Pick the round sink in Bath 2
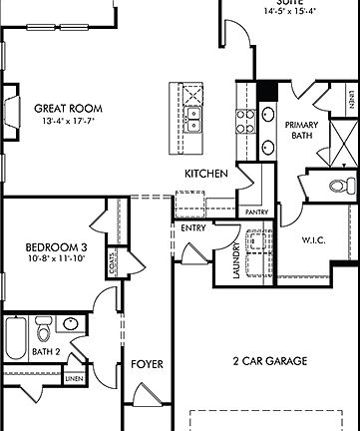point(70,324)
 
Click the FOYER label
point(147,364)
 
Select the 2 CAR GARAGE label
point(269,360)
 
